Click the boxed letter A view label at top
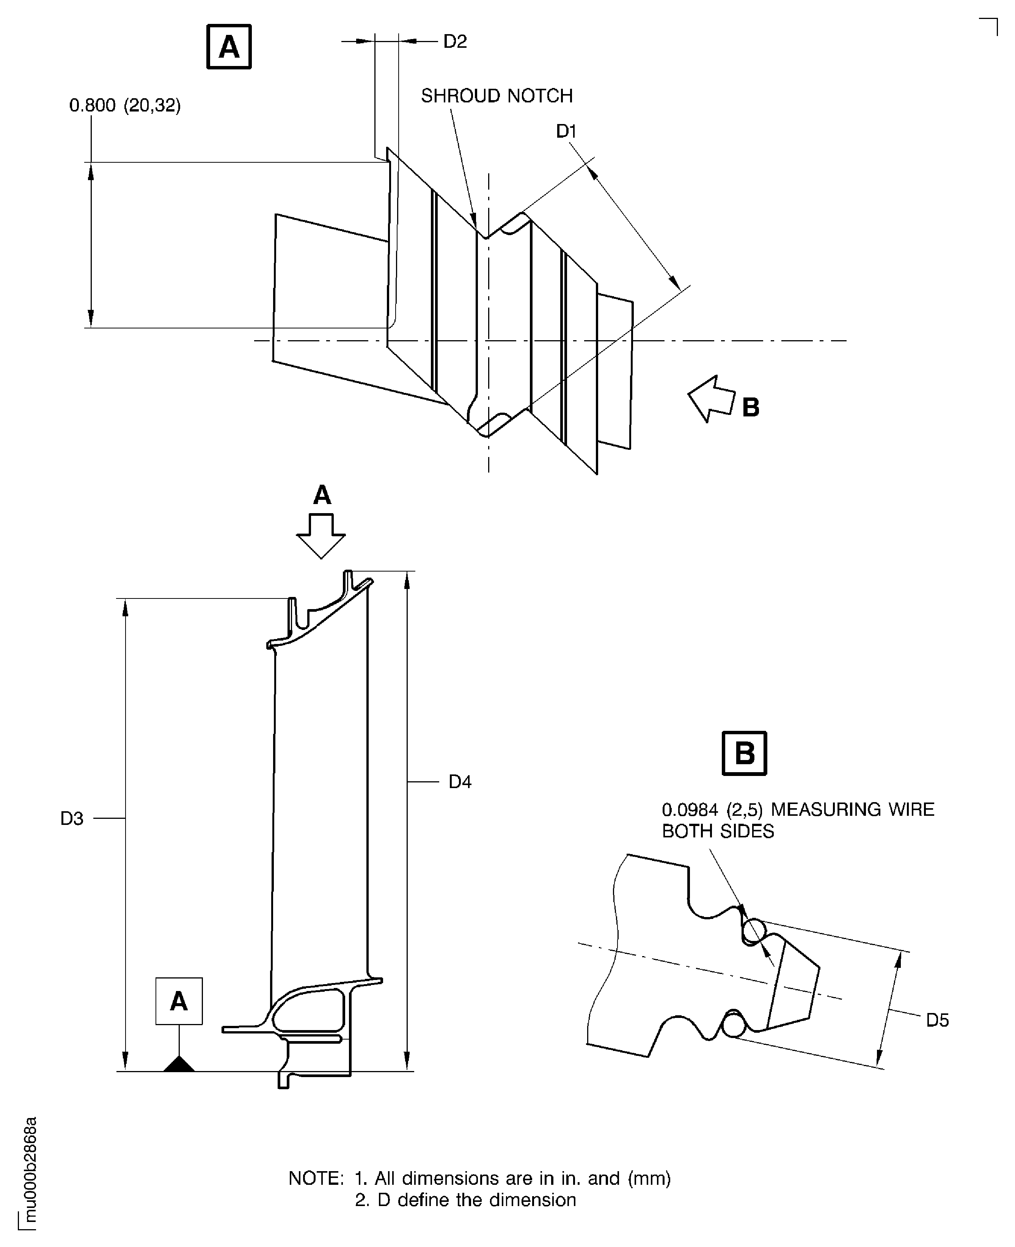(229, 47)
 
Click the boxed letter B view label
(744, 753)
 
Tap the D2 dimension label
(455, 41)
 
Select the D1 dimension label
(566, 132)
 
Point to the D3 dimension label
(72, 818)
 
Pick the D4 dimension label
(460, 782)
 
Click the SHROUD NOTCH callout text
(497, 96)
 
